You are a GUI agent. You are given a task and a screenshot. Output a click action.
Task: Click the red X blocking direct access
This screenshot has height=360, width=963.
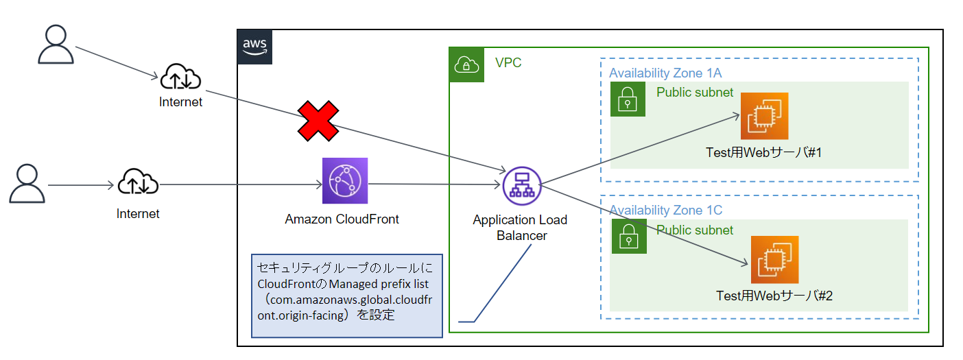[x=318, y=122]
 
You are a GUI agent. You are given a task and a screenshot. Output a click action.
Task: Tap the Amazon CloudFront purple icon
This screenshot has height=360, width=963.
[x=345, y=181]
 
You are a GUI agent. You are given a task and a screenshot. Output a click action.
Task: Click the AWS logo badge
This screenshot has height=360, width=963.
[x=254, y=47]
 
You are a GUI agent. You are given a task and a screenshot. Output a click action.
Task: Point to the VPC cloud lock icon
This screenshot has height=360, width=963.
[x=466, y=64]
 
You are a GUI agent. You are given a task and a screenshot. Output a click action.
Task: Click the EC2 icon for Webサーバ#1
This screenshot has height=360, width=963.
[x=764, y=117]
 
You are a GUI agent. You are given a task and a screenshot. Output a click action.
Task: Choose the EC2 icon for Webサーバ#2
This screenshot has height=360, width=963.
[x=774, y=259]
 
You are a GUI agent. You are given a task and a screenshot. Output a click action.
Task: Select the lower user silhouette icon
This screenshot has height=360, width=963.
[x=27, y=183]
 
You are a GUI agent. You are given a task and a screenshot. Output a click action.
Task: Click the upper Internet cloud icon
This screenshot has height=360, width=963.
[x=180, y=79]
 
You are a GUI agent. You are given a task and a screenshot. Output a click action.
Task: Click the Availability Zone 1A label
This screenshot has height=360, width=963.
[x=665, y=73]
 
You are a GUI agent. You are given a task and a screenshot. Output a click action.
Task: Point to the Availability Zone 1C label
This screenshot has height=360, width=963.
[x=665, y=210]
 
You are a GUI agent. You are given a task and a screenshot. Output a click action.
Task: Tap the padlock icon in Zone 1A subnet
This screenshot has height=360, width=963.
[x=628, y=99]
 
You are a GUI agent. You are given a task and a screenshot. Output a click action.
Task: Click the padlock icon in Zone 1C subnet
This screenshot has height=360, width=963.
[x=628, y=237]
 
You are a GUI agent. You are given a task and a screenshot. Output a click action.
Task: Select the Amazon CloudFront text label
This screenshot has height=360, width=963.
[x=342, y=219]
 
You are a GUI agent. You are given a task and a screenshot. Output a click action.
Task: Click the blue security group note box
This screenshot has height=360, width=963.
[x=346, y=296]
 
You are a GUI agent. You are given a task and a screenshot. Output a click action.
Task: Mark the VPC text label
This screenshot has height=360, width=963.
[x=508, y=63]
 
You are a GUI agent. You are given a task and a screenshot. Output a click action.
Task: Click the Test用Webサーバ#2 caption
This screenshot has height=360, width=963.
[x=774, y=296]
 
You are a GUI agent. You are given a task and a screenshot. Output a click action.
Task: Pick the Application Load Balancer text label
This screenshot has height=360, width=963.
[x=520, y=228]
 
